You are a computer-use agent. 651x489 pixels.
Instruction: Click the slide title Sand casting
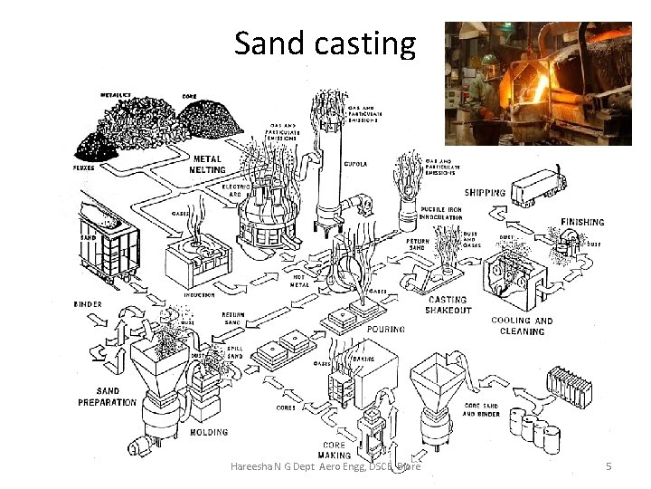(x=325, y=43)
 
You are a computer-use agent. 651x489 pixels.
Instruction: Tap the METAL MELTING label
(x=208, y=164)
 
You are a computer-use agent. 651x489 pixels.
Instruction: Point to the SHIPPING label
(x=485, y=193)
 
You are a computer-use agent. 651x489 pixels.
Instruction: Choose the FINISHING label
(x=582, y=222)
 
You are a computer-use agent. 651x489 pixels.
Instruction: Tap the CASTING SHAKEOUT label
(x=448, y=304)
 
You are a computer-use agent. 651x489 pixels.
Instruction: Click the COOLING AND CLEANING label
(x=522, y=326)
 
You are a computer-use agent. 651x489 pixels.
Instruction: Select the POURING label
(x=386, y=330)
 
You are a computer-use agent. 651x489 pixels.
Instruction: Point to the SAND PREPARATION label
(x=107, y=397)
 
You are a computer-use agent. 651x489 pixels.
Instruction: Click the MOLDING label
(x=209, y=433)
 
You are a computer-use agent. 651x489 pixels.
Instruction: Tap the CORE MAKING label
(x=334, y=450)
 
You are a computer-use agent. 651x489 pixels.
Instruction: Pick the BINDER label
(x=88, y=304)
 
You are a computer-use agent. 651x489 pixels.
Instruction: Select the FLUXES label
(x=87, y=168)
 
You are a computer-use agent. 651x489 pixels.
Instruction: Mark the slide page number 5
(x=609, y=466)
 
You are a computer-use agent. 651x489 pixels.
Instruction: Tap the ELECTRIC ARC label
(x=236, y=190)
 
